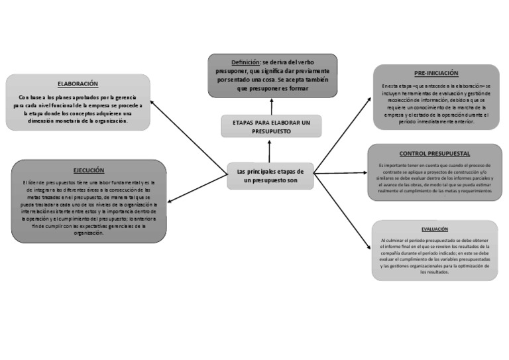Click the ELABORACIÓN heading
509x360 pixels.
78,84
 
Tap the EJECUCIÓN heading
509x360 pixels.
88,170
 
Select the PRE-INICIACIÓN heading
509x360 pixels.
436,73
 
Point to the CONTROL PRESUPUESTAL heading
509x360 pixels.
434,153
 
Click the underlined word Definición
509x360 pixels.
245,62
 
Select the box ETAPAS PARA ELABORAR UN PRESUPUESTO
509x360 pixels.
271,127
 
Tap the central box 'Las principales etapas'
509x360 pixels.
270,176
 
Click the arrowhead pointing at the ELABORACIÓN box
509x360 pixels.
152,102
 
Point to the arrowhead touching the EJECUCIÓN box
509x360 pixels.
171,200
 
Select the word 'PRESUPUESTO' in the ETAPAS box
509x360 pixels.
271,132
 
